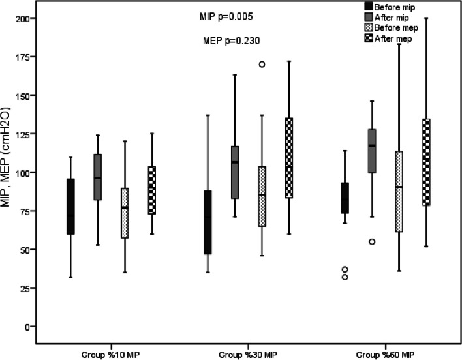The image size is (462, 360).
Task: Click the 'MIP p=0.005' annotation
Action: pyautogui.click(x=227, y=16)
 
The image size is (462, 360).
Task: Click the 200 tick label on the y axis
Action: pyautogui.click(x=23, y=18)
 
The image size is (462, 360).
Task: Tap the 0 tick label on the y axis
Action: pyautogui.click(x=30, y=326)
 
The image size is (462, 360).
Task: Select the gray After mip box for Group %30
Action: pyautogui.click(x=235, y=172)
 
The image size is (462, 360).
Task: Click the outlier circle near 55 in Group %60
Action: pyautogui.click(x=371, y=242)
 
